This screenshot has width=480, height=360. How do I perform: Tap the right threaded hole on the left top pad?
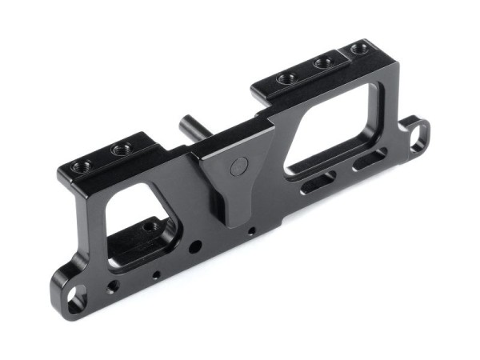(x=121, y=149)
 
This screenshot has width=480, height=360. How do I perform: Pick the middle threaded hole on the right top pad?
(x=324, y=62)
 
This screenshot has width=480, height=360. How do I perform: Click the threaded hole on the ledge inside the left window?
(x=150, y=227)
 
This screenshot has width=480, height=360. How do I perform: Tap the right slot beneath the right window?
(x=368, y=160)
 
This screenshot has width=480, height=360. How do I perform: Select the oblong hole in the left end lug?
(x=74, y=301)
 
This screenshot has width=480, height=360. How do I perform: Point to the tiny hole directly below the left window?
(x=156, y=274)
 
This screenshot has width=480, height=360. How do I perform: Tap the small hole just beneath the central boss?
(x=251, y=232)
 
